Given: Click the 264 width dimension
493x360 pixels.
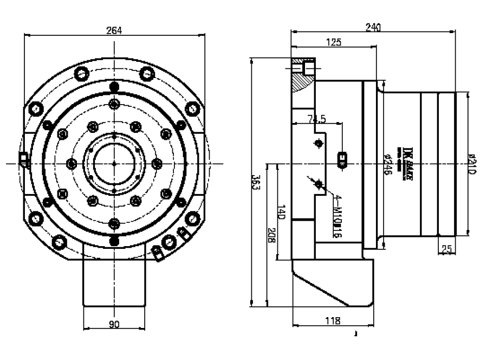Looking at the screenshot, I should tap(114, 30).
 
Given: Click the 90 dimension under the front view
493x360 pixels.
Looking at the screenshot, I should tap(114, 324).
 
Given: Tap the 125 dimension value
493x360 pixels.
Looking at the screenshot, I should tap(334, 43).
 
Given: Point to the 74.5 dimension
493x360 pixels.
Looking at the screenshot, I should tap(316, 119).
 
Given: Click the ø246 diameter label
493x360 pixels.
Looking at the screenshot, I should tap(388, 163).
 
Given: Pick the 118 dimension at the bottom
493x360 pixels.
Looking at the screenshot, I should tap(333, 321).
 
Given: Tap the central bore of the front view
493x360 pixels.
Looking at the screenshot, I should tap(114, 163).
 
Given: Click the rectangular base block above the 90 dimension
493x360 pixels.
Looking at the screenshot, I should tap(114, 285).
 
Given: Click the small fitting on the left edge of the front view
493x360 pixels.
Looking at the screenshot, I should tap(23, 158).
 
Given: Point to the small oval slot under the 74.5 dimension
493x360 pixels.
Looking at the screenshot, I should tap(342, 159).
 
